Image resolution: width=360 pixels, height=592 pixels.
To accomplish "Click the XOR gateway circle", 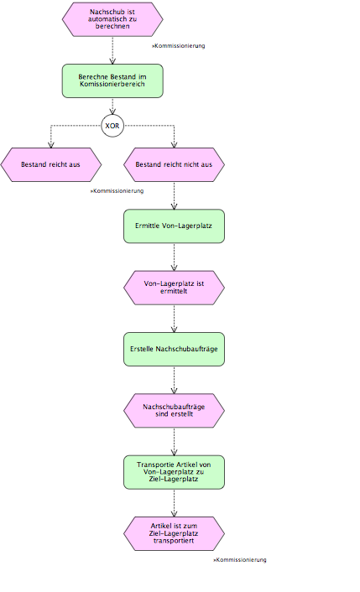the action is (x=112, y=126).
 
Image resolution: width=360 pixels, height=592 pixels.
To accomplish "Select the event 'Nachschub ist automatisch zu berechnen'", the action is (x=112, y=19).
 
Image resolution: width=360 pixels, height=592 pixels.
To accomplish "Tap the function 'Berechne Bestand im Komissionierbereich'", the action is (x=112, y=80).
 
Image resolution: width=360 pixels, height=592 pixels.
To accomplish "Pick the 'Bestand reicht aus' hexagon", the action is (x=51, y=164).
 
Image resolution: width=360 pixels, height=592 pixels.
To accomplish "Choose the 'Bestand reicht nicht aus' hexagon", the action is (x=175, y=164).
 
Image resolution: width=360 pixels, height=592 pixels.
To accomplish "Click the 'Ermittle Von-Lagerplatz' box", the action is (x=175, y=226).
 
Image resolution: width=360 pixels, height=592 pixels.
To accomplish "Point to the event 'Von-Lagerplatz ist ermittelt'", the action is (x=175, y=288).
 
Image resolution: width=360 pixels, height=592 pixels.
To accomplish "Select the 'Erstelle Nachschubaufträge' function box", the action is (x=175, y=349).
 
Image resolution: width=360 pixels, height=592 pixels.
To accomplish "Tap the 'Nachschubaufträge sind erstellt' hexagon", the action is (x=175, y=411).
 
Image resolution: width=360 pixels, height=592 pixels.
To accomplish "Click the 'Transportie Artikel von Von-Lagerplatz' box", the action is (x=175, y=472).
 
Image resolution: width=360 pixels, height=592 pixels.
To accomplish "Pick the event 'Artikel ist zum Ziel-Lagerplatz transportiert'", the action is (x=175, y=533).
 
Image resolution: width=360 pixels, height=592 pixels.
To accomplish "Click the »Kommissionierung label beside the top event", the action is (x=179, y=45).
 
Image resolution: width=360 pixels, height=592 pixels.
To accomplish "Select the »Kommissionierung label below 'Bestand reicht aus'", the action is (x=117, y=191).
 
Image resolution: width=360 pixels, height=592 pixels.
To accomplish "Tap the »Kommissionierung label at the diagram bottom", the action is (x=240, y=560).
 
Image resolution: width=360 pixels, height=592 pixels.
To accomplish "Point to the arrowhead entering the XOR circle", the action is (x=112, y=112).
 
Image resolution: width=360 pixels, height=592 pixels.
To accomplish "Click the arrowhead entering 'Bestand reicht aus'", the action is (x=51, y=144).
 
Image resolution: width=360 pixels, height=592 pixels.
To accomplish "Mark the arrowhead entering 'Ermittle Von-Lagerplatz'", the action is (x=175, y=206).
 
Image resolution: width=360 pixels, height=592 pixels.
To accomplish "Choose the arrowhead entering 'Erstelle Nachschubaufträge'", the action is (x=175, y=330).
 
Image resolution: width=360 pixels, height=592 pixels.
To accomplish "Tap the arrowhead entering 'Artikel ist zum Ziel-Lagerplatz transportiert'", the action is (x=175, y=513).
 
